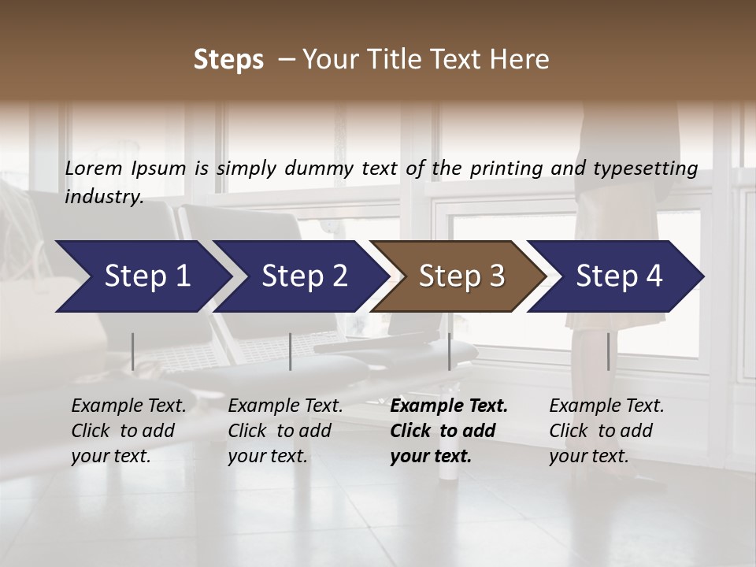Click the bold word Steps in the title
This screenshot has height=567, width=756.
pyautogui.click(x=228, y=60)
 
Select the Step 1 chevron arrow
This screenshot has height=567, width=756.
pyautogui.click(x=142, y=276)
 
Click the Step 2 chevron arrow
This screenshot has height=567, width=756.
pyautogui.click(x=302, y=276)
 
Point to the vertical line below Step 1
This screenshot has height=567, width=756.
pyautogui.click(x=133, y=351)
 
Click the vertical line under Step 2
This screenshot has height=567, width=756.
pyautogui.click(x=291, y=351)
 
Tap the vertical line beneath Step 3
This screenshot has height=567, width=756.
pyautogui.click(x=450, y=351)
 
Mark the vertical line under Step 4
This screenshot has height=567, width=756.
pyautogui.click(x=608, y=351)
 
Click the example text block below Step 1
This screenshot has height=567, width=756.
pyautogui.click(x=128, y=431)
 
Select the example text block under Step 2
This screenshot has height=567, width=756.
pyautogui.click(x=285, y=431)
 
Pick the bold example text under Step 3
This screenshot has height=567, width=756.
pyautogui.click(x=449, y=431)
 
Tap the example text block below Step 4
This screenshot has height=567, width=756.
pyautogui.click(x=606, y=431)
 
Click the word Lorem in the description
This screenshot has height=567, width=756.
pyautogui.click(x=94, y=169)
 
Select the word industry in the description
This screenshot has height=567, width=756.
pyautogui.click(x=103, y=197)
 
